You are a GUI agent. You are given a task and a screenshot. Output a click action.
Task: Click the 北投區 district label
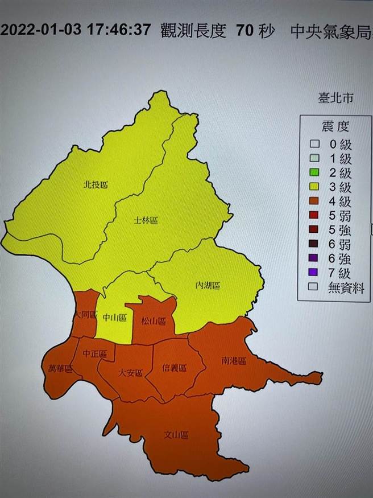point(96,184)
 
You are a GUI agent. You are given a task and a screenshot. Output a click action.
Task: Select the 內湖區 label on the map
point(207,285)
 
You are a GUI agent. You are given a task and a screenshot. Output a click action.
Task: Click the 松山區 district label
point(154,322)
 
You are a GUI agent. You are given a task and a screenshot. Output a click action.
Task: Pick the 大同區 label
point(86,315)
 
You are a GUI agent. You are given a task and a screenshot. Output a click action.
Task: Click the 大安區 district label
point(130,373)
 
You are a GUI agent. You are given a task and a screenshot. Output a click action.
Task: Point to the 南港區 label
point(233,361)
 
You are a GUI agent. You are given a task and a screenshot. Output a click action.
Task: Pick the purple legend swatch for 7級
point(313,273)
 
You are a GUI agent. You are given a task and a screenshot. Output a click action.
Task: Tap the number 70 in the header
point(241,30)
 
